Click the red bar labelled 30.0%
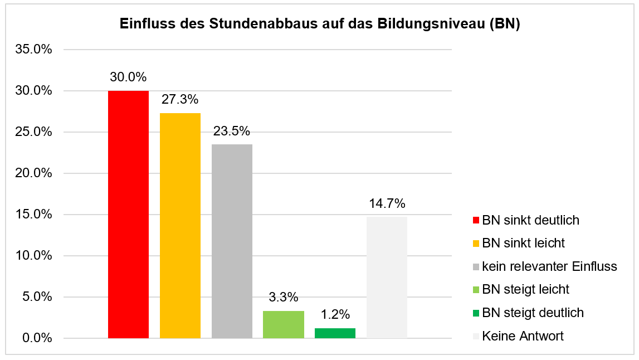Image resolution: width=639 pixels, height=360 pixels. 128,215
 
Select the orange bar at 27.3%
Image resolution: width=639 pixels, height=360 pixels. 180,226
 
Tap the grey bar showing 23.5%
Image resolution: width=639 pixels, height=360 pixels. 232,241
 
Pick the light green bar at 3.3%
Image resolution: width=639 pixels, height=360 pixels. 284,324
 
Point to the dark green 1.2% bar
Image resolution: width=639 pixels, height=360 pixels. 335,333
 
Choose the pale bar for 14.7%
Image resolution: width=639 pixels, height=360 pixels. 387,278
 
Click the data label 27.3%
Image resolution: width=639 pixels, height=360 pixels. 180,100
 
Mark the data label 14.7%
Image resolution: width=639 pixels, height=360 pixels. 387,203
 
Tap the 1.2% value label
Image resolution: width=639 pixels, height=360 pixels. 335,315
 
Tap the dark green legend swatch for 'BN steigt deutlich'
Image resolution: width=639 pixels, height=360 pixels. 475,313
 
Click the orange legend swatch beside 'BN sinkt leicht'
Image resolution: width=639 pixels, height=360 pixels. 475,244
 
